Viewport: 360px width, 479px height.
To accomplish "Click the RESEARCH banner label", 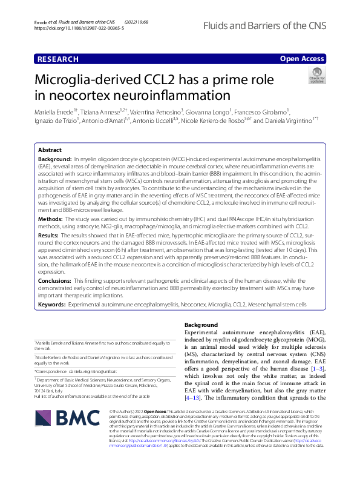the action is tap(57, 59).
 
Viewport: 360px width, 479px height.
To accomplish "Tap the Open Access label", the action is tap(302, 59).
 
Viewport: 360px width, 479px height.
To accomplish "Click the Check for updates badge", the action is tap(316, 78).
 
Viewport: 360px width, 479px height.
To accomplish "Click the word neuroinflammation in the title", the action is tap(175, 95).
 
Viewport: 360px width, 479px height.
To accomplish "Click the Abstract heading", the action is tap(50, 150).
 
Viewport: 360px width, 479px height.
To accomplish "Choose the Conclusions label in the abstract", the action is tap(54, 282).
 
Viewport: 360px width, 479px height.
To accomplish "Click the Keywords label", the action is tap(52, 305).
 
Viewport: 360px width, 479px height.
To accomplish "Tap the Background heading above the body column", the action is tap(200, 325).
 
